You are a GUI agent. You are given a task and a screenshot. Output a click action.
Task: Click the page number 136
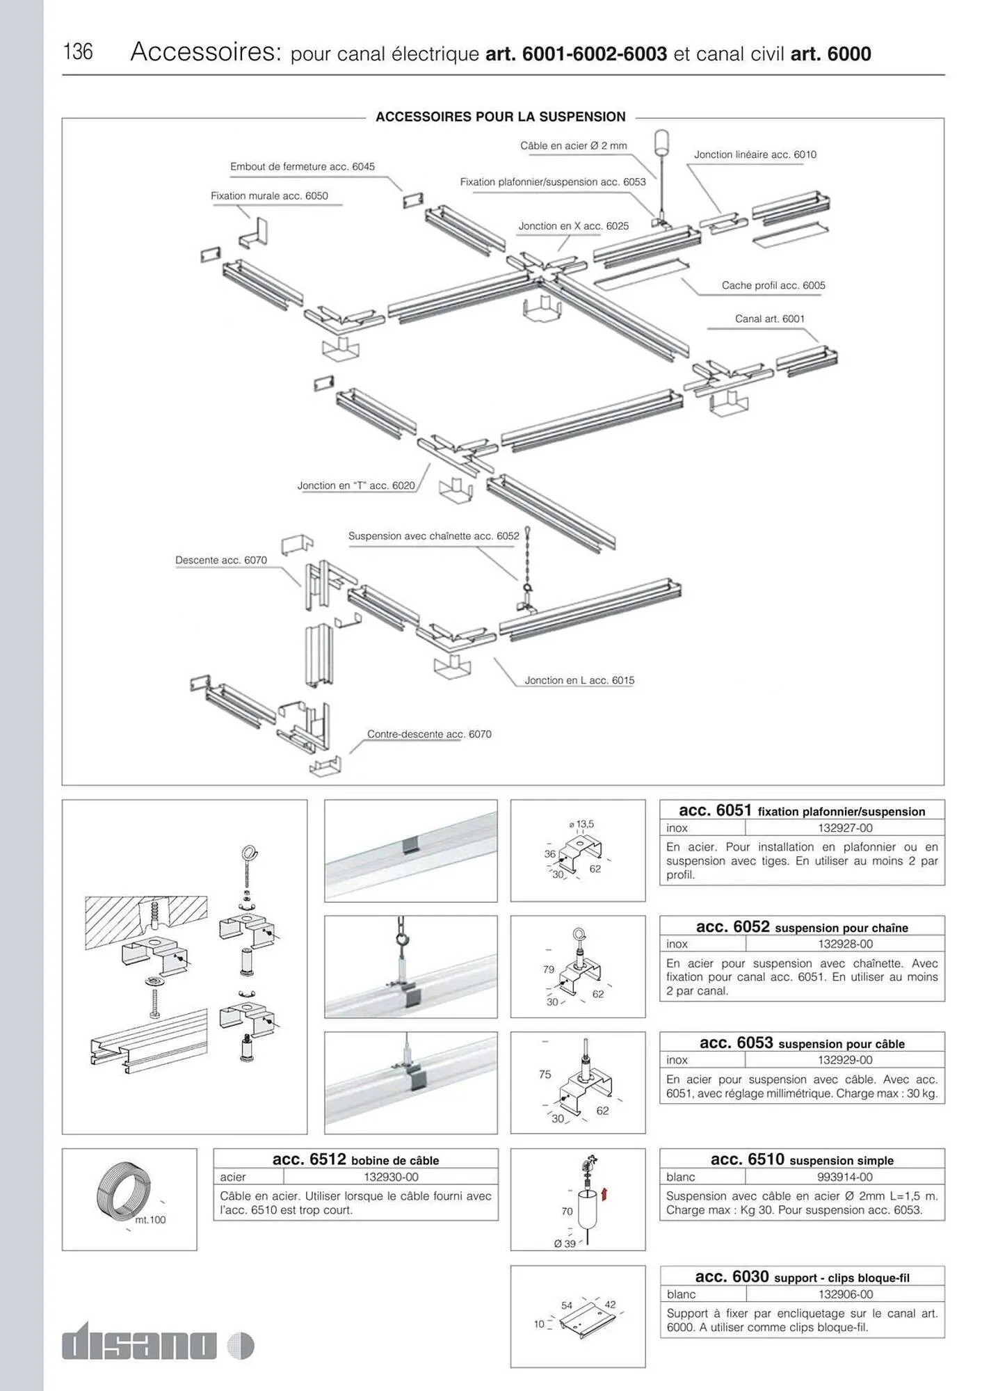click(78, 51)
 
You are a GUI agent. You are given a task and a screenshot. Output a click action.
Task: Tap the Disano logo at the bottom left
click(157, 1344)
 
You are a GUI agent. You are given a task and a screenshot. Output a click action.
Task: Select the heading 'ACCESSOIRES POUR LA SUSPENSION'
click(500, 117)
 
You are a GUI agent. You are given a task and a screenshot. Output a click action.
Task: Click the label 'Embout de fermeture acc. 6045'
click(302, 167)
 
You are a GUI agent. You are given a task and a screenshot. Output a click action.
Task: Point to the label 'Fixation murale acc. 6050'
click(269, 196)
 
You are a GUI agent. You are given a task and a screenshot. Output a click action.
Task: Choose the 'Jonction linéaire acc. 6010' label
click(755, 154)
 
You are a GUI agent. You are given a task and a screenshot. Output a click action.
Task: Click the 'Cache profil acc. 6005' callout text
click(773, 285)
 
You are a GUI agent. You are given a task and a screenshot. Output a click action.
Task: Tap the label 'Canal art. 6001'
click(769, 319)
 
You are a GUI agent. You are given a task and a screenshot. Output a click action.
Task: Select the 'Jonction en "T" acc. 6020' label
click(356, 485)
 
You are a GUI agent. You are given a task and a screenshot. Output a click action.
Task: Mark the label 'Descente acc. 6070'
click(220, 560)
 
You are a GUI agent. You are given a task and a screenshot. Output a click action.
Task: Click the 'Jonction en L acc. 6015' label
click(579, 680)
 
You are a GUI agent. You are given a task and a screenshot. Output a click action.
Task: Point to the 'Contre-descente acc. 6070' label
click(429, 734)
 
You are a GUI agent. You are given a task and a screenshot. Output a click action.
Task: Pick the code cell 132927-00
click(844, 828)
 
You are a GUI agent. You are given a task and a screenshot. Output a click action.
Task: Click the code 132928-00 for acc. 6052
click(844, 944)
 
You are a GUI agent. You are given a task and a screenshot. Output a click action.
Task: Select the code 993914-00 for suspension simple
click(844, 1177)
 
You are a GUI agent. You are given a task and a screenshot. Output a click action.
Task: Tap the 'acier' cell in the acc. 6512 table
click(233, 1177)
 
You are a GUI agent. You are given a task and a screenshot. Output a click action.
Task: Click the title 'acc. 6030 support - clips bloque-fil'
click(802, 1277)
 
